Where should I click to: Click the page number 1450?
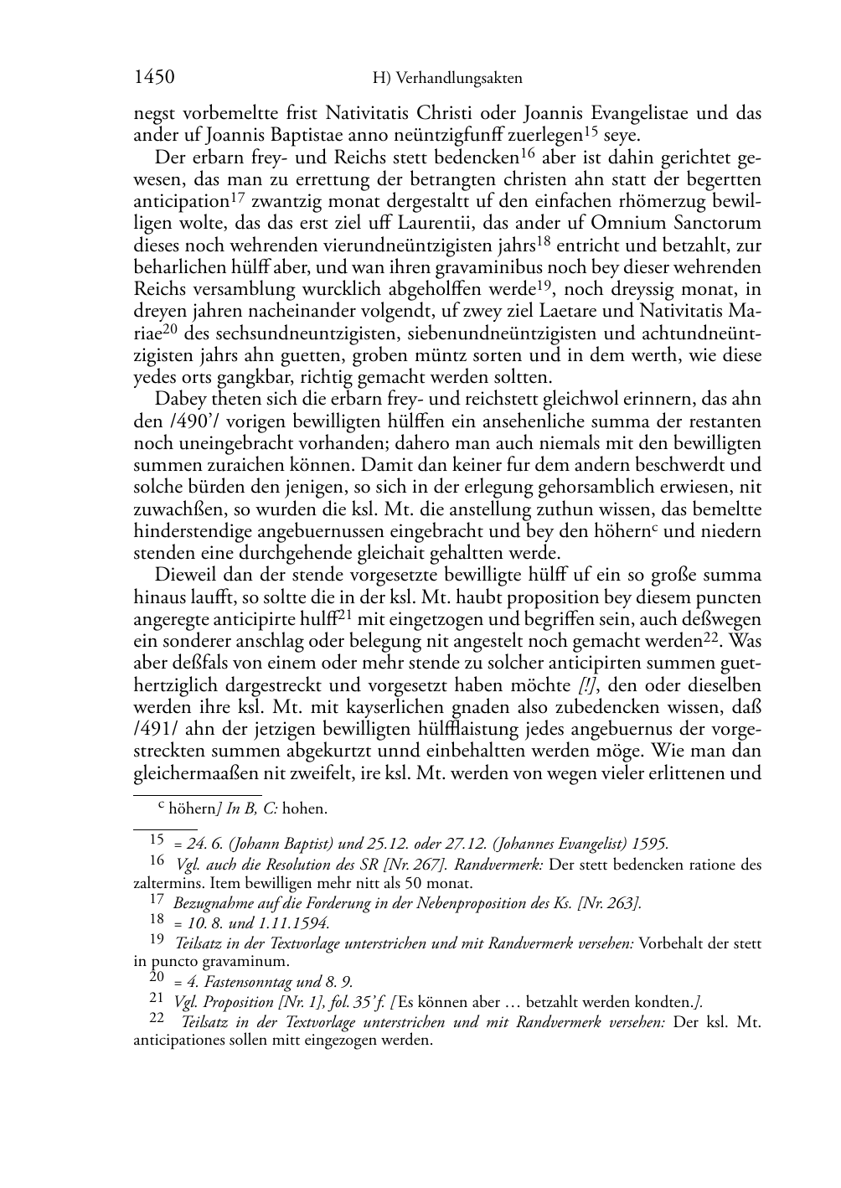[x=154, y=78]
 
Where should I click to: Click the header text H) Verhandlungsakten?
[x=447, y=79]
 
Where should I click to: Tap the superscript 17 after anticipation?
[x=239, y=198]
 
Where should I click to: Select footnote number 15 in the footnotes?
[x=157, y=839]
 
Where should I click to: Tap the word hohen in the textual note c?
[x=305, y=809]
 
